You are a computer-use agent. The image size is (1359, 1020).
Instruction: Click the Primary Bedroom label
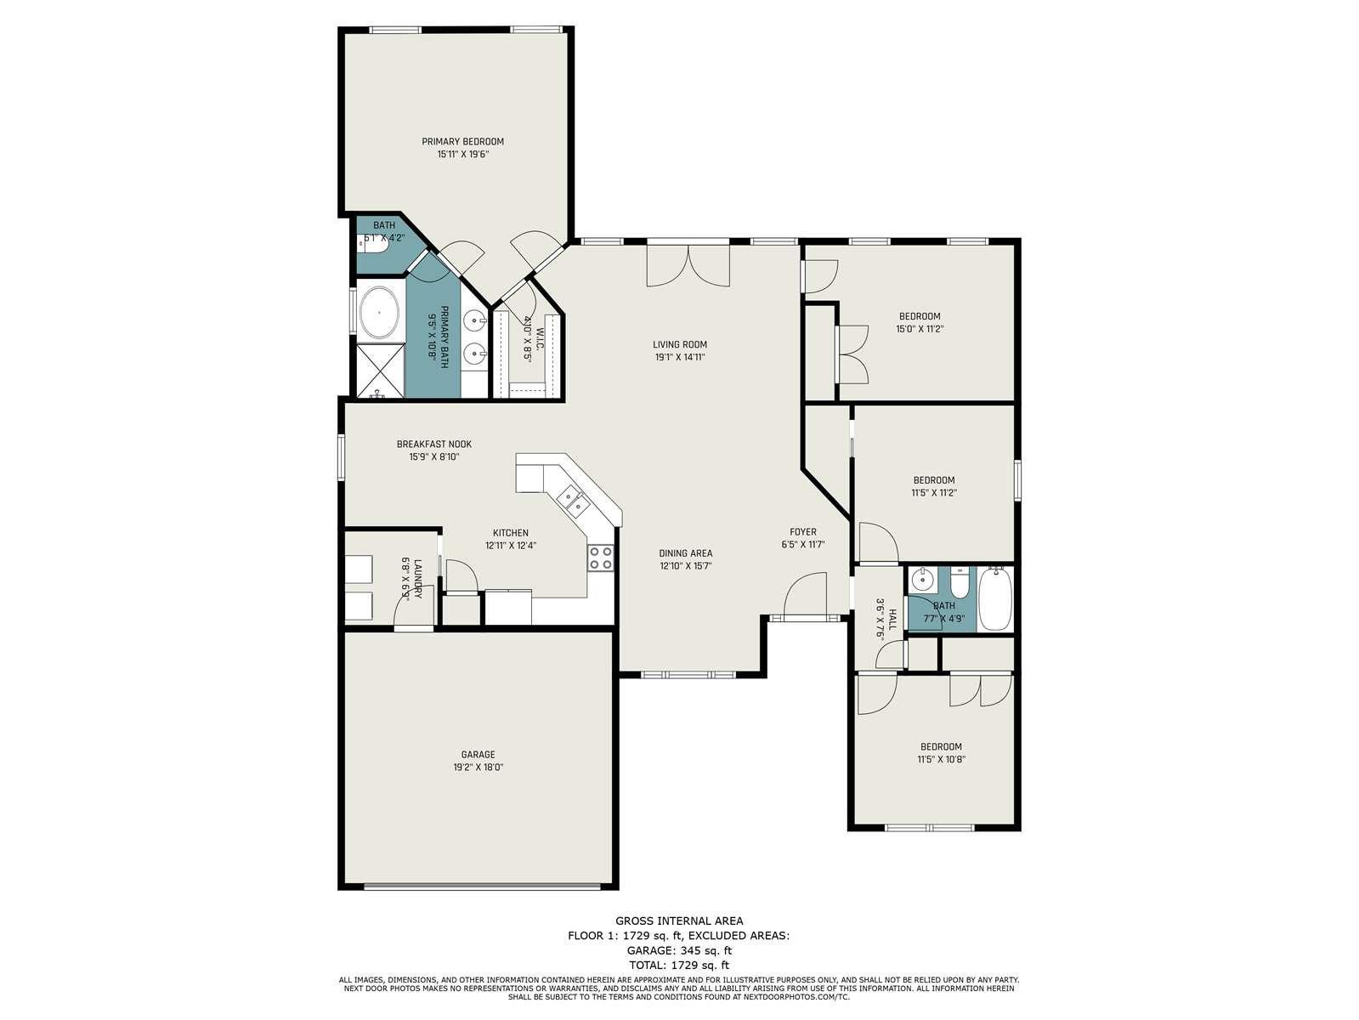point(462,142)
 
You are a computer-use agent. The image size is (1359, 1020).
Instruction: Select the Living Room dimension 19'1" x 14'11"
point(679,357)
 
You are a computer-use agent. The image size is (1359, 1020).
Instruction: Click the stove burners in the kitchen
point(600,557)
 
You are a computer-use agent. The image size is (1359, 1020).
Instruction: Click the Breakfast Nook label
point(434,444)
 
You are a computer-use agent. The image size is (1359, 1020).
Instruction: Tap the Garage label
point(478,755)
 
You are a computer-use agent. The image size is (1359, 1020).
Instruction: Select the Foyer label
point(802,531)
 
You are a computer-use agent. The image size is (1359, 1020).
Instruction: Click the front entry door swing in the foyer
point(805,595)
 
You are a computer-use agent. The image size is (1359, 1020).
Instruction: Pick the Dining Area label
point(685,552)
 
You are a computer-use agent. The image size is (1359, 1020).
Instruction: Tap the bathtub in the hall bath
point(994,598)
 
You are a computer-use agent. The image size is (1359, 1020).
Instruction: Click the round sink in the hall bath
point(922,580)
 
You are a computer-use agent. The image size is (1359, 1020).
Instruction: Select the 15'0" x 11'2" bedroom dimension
point(920,329)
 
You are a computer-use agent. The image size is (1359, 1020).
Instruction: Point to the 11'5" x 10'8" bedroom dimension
point(941,759)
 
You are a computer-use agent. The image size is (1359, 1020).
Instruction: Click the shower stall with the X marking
point(380,369)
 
